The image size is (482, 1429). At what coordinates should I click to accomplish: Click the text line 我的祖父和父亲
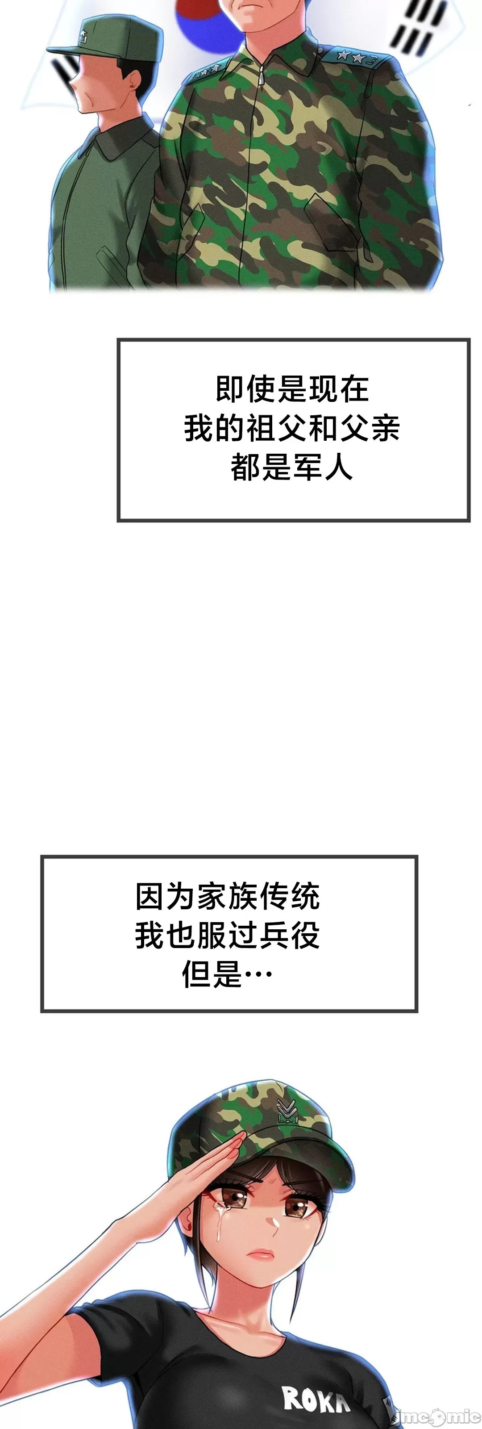[292, 428]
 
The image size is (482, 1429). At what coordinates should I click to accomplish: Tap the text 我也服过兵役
[228, 936]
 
